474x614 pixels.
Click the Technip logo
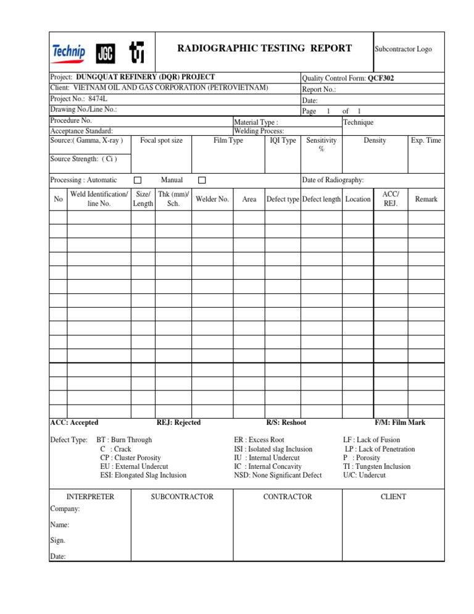pos(69,52)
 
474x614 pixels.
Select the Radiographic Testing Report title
pos(264,48)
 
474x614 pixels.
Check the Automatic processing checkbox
pos(138,180)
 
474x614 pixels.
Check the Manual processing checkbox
pos(201,180)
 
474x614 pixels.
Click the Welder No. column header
pos(212,199)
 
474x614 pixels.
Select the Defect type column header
pos(283,199)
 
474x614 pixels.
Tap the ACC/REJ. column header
pos(391,199)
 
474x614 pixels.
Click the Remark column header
pos(426,199)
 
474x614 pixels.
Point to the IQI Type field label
pos(283,140)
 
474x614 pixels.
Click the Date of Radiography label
pos(332,180)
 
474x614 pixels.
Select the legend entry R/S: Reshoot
pos(286,423)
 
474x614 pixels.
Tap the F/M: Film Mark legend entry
pos(400,423)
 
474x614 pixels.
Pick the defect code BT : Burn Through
pos(125,440)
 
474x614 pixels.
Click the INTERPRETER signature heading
pos(89,497)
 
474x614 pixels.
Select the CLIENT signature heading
pos(394,497)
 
